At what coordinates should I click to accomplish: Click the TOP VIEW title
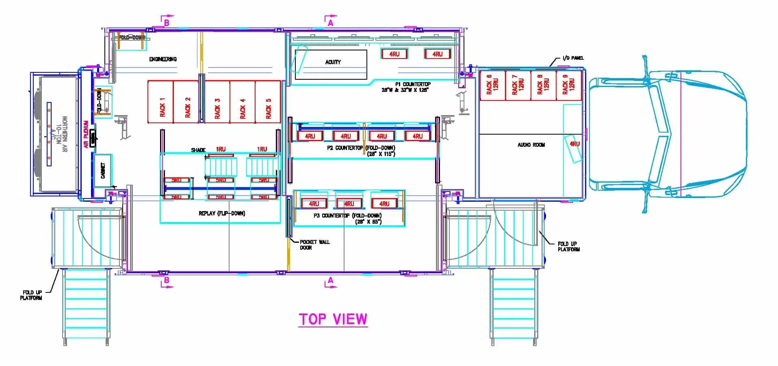point(333,319)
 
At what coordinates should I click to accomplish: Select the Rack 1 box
point(160,102)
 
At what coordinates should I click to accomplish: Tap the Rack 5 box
point(268,102)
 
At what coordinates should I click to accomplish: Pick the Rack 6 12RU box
point(492,85)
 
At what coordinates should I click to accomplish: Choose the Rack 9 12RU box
point(568,85)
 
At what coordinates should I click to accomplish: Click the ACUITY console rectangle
point(331,64)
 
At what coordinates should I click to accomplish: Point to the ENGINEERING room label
point(163,59)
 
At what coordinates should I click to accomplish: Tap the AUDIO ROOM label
point(531,145)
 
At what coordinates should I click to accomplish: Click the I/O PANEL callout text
point(573,58)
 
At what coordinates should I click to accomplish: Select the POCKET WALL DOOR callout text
point(314,244)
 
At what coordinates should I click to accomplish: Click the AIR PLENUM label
point(86,134)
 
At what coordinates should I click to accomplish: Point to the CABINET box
point(103,170)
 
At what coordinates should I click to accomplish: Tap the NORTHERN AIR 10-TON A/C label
point(59,134)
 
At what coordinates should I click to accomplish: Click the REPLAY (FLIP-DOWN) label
point(222,213)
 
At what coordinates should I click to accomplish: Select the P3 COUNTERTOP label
point(348,216)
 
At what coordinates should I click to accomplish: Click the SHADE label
point(198,150)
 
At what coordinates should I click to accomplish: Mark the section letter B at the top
point(167,23)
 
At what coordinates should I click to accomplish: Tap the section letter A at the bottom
point(331,280)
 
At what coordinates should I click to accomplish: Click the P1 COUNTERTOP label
point(412,84)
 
